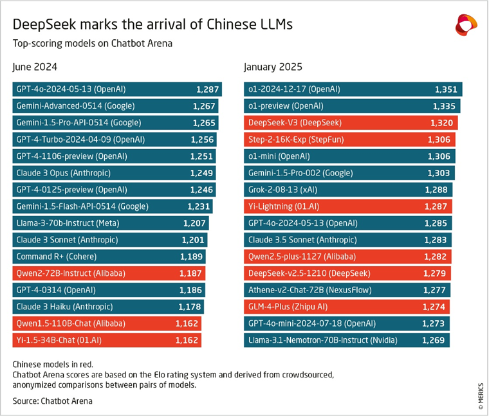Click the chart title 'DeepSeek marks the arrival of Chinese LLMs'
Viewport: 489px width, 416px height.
pyautogui.click(x=153, y=24)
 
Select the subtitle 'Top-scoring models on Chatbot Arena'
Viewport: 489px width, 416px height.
pyautogui.click(x=93, y=43)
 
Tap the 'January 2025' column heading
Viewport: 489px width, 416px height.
pyautogui.click(x=273, y=67)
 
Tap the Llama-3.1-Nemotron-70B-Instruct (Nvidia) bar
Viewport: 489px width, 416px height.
pyautogui.click(x=346, y=340)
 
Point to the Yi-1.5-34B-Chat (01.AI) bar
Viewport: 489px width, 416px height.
pyautogui.click(x=107, y=340)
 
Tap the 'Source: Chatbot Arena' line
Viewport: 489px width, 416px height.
pyautogui.click(x=52, y=401)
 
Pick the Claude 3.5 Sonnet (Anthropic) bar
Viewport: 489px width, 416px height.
pyautogui.click(x=347, y=240)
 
